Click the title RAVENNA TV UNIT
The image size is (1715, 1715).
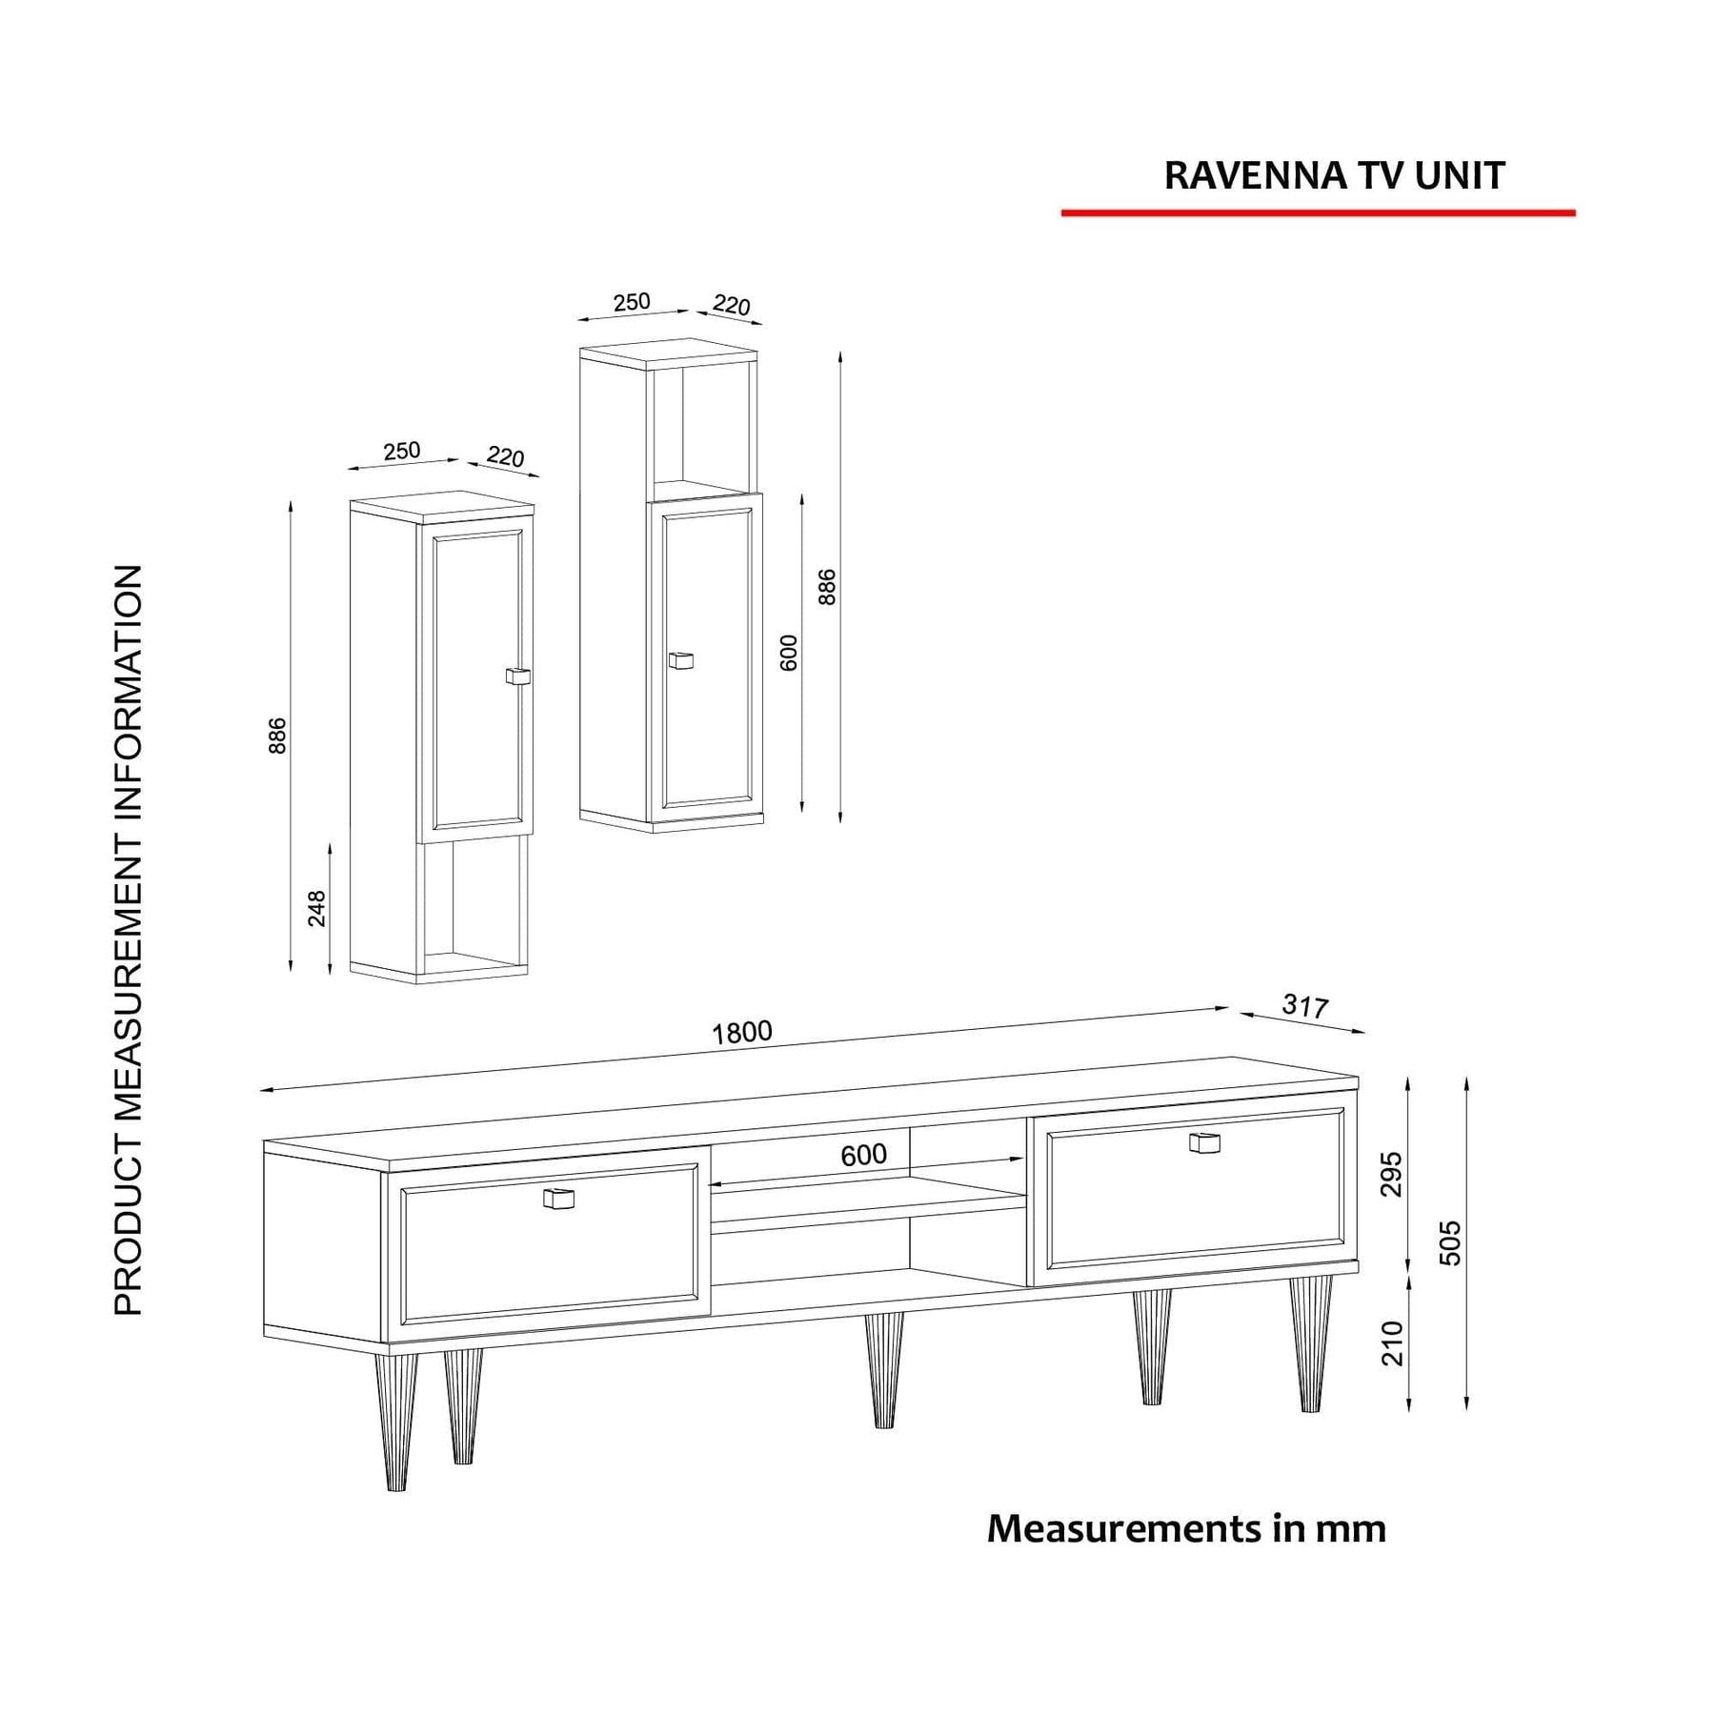point(1334,176)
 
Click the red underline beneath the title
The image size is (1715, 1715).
point(1318,213)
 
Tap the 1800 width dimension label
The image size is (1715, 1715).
point(742,1032)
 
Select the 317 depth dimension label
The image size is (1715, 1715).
point(1304,1005)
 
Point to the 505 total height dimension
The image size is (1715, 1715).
point(1449,1242)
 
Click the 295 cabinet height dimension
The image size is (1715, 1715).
point(1392,1174)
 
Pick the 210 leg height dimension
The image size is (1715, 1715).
point(1392,1342)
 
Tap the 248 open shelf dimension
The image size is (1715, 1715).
point(317,908)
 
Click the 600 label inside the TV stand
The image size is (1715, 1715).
point(863,1155)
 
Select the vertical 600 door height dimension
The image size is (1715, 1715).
point(789,653)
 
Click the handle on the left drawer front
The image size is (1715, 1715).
point(558,1199)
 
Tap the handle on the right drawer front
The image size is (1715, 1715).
point(1204,1142)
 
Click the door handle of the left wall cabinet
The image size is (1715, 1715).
point(516,676)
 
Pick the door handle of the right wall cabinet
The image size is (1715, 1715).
point(680,660)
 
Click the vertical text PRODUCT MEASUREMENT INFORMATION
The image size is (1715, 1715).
point(129,939)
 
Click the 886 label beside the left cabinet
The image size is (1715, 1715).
point(277,736)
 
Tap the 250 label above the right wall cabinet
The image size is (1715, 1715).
point(632,302)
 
